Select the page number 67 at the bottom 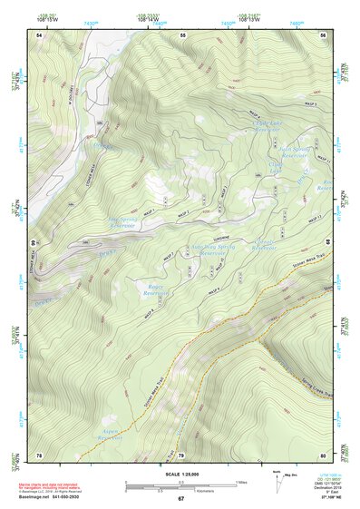(x=180, y=499)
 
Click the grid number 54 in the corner (x=39, y=34)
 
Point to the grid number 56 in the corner (x=323, y=34)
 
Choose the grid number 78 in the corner (x=39, y=455)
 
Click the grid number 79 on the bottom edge (x=180, y=455)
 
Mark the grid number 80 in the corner (x=323, y=455)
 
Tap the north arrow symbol (x=276, y=482)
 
